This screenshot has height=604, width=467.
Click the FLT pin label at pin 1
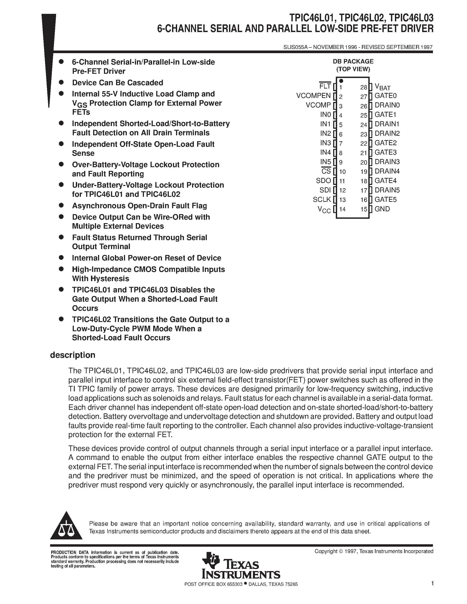[325, 86]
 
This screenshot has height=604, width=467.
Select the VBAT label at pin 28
[382, 87]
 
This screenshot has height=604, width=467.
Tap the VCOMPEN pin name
[313, 96]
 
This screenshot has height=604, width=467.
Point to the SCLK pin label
[322, 199]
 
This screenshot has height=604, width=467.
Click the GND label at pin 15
[382, 209]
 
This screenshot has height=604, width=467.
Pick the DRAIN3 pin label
[387, 161]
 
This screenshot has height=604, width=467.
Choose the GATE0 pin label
[385, 96]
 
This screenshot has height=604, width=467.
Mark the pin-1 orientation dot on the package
[341, 81]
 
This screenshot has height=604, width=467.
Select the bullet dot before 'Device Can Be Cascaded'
[61, 82]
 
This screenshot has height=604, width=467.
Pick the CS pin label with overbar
[326, 171]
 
